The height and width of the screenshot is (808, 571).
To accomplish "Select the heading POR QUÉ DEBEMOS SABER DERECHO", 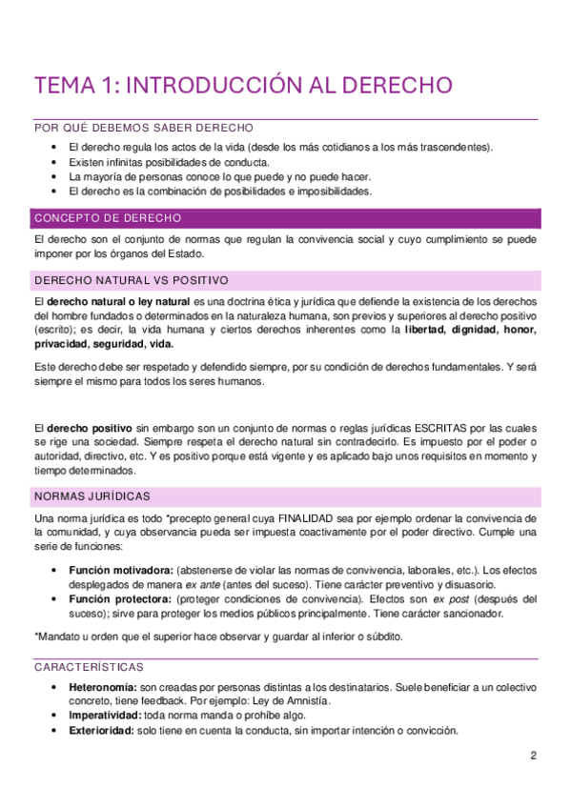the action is (142, 128).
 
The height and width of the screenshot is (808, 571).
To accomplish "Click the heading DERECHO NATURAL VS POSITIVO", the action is (131, 280).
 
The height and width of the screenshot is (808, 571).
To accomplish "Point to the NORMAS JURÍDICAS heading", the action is (91, 496).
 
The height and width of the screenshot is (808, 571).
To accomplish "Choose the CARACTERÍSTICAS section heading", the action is (88, 666).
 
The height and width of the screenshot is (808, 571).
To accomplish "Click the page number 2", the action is (533, 756).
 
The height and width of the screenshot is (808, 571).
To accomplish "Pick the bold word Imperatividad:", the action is (105, 717).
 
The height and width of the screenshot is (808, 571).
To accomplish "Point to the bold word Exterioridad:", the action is (102, 731).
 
